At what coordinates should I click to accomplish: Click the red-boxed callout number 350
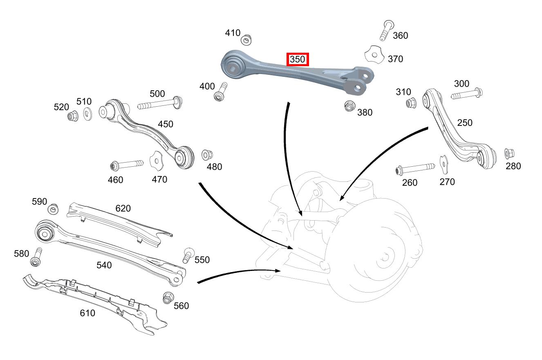[x=298, y=59]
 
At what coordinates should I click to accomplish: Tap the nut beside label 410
[x=246, y=40]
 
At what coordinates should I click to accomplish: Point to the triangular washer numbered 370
[x=374, y=55]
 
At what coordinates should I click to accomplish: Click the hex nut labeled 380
[x=349, y=106]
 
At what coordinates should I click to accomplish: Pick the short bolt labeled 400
[x=220, y=92]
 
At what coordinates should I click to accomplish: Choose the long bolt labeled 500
[x=160, y=103]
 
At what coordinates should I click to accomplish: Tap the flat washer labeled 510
[x=87, y=114]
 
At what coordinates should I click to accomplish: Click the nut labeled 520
[x=73, y=116]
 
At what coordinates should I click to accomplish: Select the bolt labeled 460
[x=127, y=165]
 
